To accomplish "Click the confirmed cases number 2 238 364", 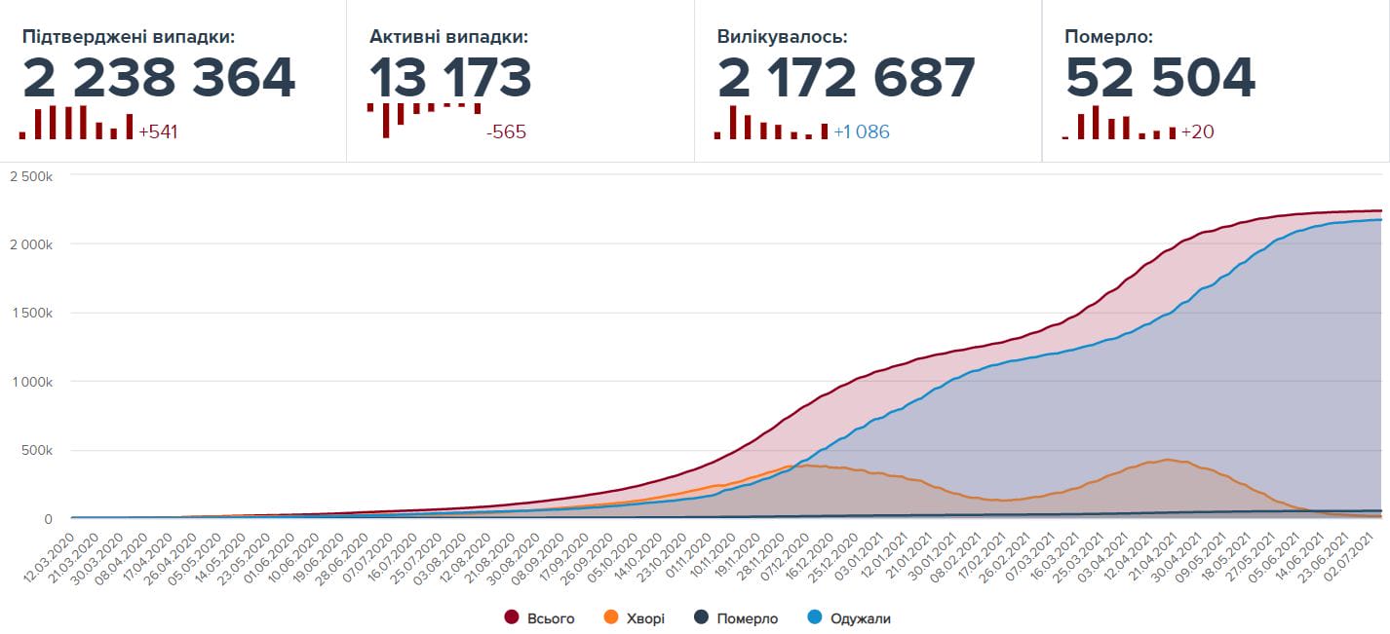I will coord(159,79).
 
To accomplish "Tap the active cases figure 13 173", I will coord(450,79).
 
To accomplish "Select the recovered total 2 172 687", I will coord(846,79).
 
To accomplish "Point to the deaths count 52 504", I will coord(1160,79).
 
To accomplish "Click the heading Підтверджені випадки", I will coord(129,37).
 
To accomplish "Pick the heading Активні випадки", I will coord(448,37).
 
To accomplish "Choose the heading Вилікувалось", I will coord(782,37).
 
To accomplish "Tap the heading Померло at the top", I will coord(1108,37).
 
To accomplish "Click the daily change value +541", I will coord(158,131).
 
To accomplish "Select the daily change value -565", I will coord(506,131).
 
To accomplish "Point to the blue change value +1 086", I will coord(862,131).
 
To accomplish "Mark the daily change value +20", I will coord(1197,131).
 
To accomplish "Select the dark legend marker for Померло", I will coord(700,617).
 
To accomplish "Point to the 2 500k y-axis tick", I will coord(30,175).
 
